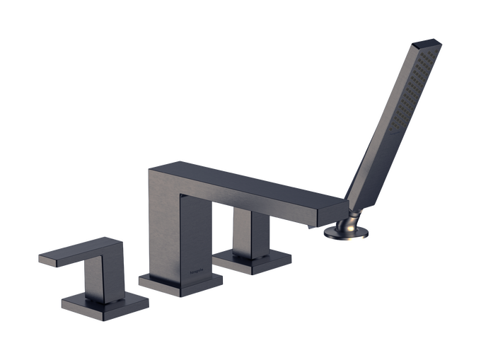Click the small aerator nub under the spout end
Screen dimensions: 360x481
pos(310,228)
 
